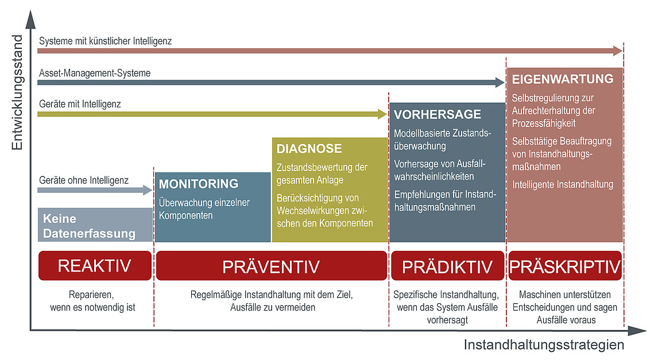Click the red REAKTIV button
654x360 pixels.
[95, 266]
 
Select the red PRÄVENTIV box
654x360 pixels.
[272, 266]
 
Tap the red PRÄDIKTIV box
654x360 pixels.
[447, 266]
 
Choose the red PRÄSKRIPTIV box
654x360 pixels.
[565, 266]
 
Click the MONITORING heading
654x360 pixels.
[199, 184]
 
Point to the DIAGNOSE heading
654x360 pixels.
[309, 149]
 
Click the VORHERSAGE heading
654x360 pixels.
[438, 114]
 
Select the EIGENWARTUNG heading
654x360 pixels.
[563, 79]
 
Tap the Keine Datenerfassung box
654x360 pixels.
[95, 225]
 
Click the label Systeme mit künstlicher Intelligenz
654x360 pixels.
[106, 41]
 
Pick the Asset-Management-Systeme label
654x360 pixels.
[95, 73]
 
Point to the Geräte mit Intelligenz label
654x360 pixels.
[80, 104]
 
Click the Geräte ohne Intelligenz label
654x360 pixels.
[84, 180]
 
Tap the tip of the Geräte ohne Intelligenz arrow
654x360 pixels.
[153, 190]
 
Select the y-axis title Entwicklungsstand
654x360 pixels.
[17, 92]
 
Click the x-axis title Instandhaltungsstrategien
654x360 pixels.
[544, 345]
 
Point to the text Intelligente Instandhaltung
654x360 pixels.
[563, 184]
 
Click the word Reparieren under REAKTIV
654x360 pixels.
[91, 295]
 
